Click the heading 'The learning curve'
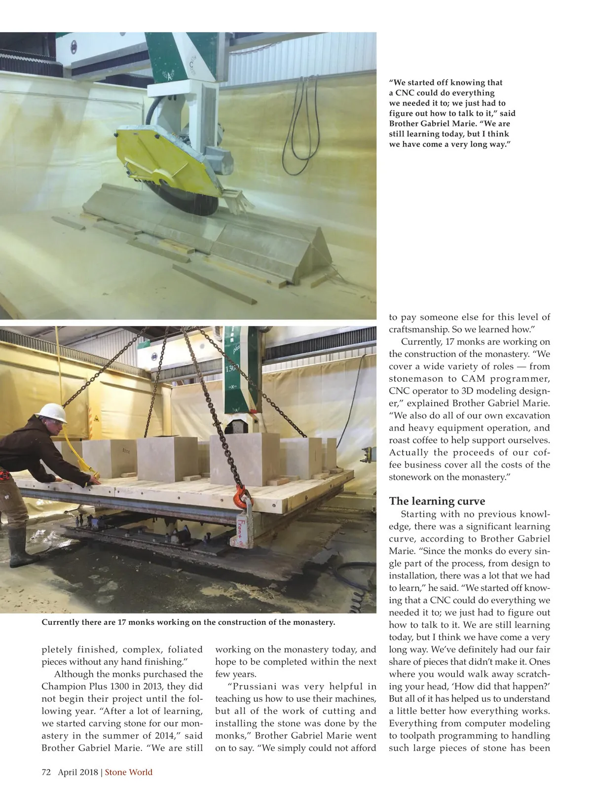(437, 502)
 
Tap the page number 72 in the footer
(46, 772)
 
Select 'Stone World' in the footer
(129, 772)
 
